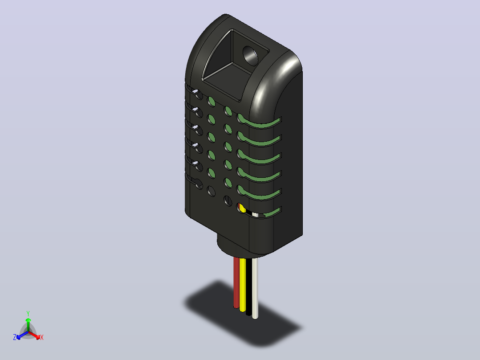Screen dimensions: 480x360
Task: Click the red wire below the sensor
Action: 236,282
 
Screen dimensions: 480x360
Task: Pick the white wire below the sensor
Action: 255,289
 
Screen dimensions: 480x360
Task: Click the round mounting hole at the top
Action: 250,56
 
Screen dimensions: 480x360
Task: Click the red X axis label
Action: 42,337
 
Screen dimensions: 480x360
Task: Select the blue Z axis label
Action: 15,337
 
